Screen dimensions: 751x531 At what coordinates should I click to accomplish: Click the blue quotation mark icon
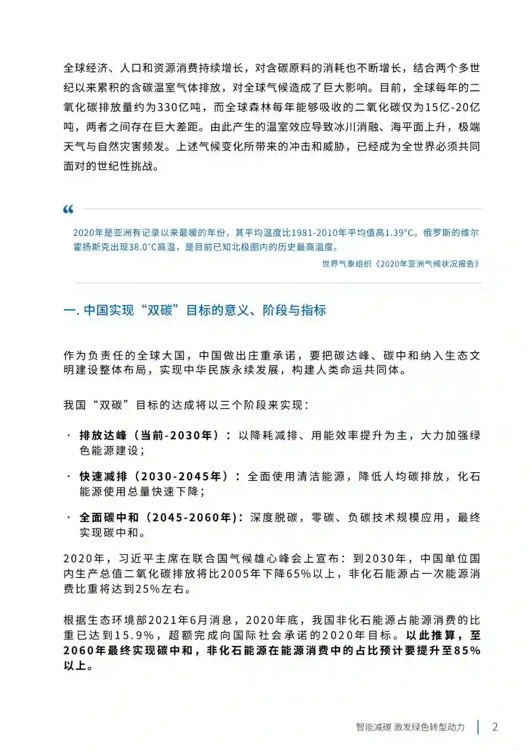(x=68, y=210)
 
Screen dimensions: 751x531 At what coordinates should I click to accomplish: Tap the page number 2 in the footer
(x=495, y=727)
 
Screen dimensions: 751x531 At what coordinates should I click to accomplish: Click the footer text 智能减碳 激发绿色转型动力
(x=410, y=727)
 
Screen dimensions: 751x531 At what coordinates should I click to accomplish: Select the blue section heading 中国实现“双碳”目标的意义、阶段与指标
(x=195, y=310)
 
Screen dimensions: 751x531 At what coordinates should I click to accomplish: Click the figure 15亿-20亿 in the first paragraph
(x=452, y=107)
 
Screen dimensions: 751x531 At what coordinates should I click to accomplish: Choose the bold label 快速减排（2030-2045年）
(x=154, y=476)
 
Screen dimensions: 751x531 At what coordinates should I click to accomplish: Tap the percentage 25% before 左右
(x=148, y=589)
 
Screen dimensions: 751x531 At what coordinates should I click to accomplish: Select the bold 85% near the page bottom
(x=467, y=650)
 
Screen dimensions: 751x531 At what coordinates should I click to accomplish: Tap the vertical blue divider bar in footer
(x=478, y=727)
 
